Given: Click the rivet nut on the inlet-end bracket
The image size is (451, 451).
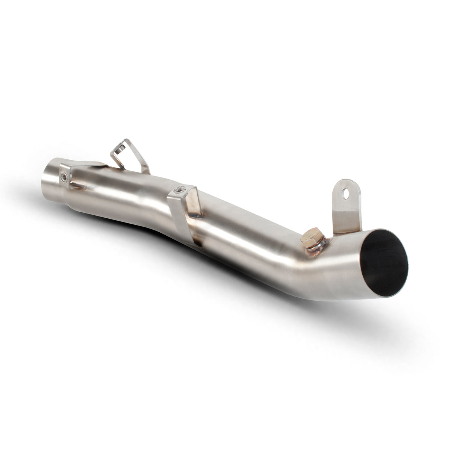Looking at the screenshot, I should [66, 177].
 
